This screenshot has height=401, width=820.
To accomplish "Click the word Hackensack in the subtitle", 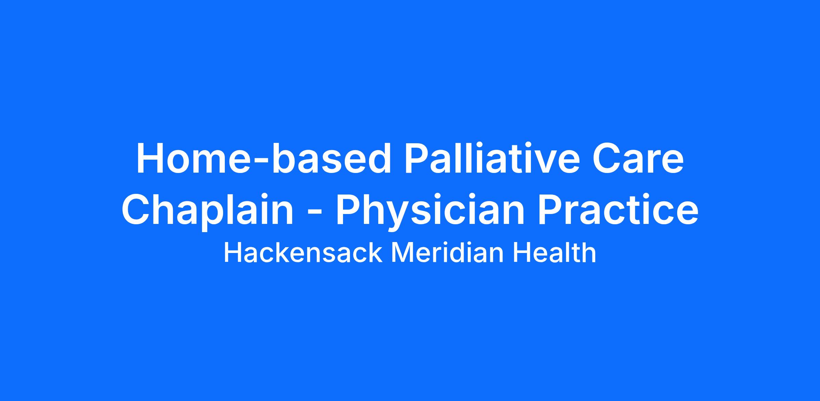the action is click(x=303, y=253).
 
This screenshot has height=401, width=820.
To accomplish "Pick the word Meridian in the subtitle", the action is click(x=447, y=253).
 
